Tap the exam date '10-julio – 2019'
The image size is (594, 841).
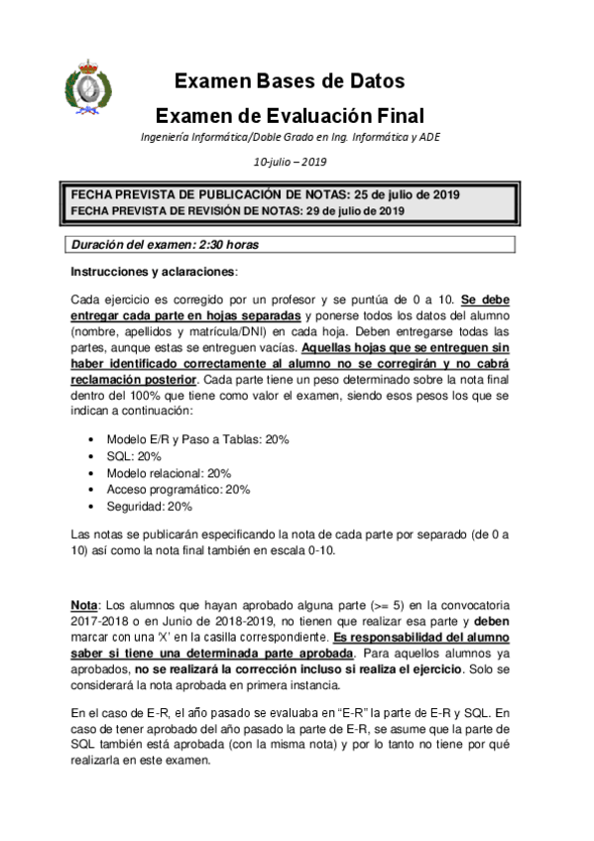pyautogui.click(x=290, y=163)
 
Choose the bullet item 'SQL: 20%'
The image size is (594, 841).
pyautogui.click(x=134, y=456)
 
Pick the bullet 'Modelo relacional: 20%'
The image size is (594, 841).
pyautogui.click(x=168, y=473)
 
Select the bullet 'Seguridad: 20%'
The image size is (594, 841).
pyautogui.click(x=150, y=506)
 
